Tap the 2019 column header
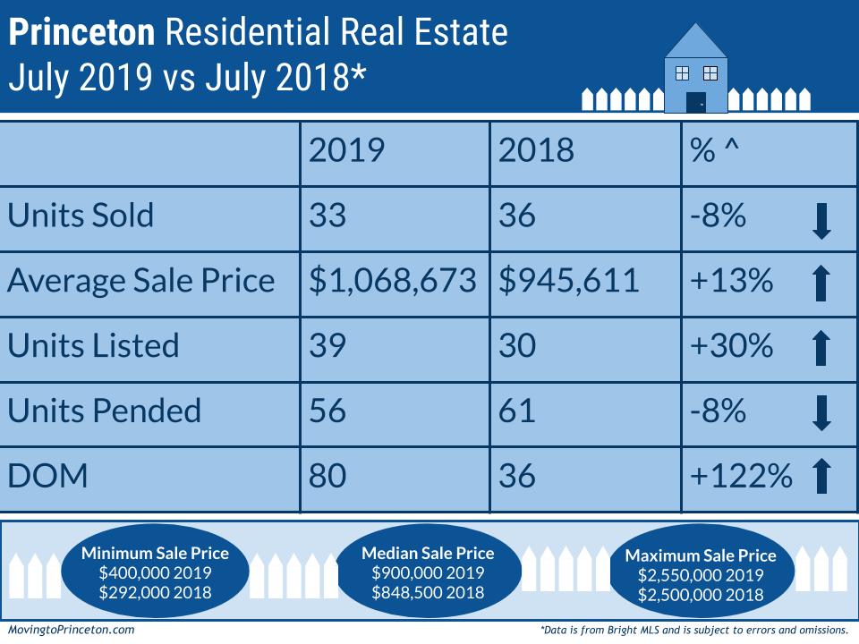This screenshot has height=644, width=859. point(346,150)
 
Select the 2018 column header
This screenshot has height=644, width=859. point(536,150)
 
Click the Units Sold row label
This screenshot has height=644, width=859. point(81,216)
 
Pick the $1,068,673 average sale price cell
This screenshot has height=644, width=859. point(393,281)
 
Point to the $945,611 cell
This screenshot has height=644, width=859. point(569,281)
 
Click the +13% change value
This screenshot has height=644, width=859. point(731,281)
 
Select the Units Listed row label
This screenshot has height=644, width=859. point(93,346)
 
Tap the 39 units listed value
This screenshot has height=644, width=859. point(327,346)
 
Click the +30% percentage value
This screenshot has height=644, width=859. point(732,346)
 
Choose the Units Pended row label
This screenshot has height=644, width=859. point(105,411)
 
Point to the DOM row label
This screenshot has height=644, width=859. point(48,476)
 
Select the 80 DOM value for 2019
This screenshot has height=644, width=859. point(328,476)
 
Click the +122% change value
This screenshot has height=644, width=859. point(741,476)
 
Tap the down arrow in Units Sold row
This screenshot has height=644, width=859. point(821,220)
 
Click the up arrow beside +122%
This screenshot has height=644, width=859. point(821,476)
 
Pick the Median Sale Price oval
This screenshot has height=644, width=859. point(427,573)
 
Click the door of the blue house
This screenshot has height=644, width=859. point(695,102)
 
